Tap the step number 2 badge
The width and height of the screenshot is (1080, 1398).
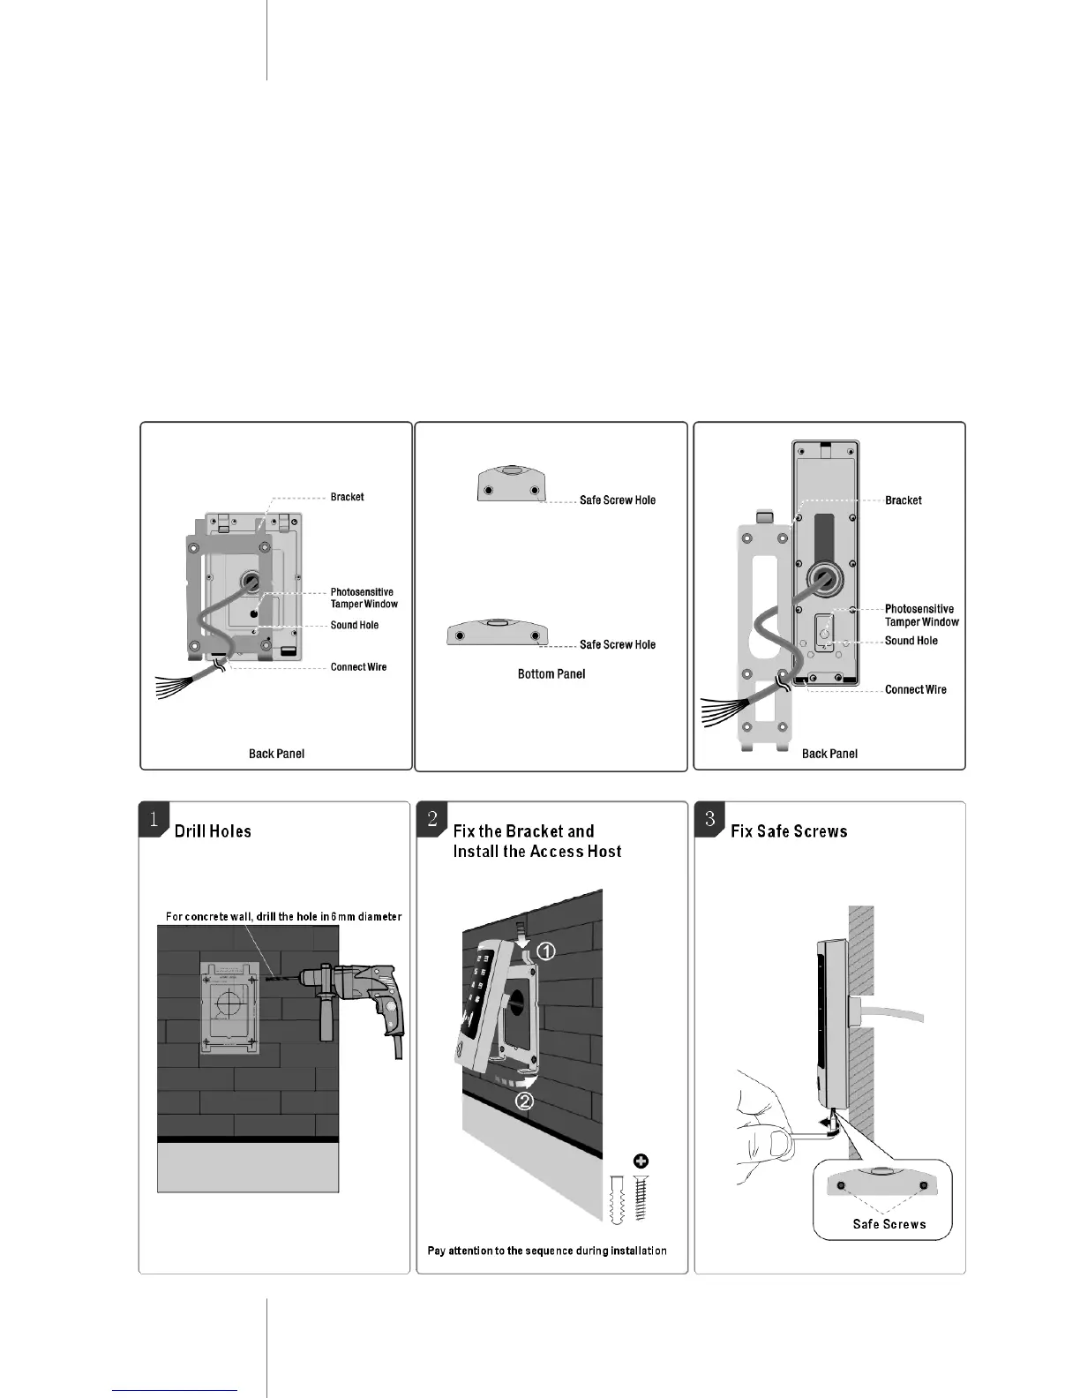(431, 818)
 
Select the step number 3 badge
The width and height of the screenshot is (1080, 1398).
(709, 818)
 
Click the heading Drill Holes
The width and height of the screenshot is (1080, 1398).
(213, 831)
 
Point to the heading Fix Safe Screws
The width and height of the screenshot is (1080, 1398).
(789, 831)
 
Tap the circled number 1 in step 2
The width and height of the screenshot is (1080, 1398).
(546, 951)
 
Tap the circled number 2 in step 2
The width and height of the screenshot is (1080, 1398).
(524, 1101)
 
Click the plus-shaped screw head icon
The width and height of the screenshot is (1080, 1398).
(641, 1161)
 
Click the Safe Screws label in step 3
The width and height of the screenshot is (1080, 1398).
(889, 1224)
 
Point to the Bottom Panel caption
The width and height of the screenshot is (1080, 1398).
(551, 674)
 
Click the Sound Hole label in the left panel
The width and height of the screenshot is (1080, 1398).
(355, 625)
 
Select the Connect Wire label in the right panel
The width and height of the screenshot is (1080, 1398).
(916, 689)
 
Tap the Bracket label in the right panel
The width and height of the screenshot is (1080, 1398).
(904, 500)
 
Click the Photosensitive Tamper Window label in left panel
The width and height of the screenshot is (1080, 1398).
(364, 598)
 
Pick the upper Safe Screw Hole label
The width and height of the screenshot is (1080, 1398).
(618, 500)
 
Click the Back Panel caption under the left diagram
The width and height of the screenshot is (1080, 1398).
(276, 754)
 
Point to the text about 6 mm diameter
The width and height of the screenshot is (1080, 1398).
(283, 917)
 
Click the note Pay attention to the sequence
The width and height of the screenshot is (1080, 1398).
(547, 1251)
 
